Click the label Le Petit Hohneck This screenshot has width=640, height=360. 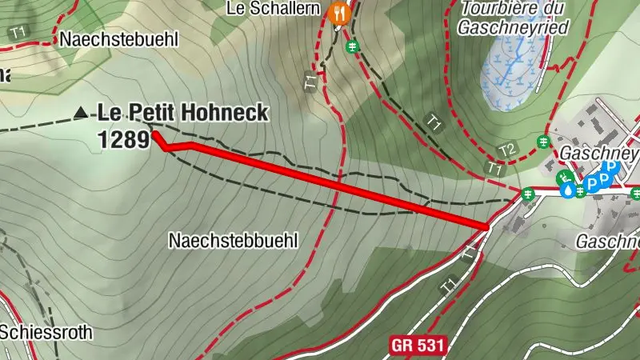click(182, 114)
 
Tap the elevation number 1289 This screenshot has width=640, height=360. click(124, 139)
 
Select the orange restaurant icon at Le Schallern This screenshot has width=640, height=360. click(339, 13)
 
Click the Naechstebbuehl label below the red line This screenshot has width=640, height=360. click(233, 239)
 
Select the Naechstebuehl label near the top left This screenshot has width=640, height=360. click(118, 39)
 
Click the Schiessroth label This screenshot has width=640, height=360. click(46, 331)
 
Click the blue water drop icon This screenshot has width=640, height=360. click(567, 191)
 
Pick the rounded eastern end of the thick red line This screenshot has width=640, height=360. click(486, 227)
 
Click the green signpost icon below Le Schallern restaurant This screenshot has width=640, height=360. click(352, 47)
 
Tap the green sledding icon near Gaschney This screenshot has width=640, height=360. click(566, 178)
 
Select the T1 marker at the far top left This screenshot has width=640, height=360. click(16, 33)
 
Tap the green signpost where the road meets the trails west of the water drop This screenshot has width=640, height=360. click(527, 193)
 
